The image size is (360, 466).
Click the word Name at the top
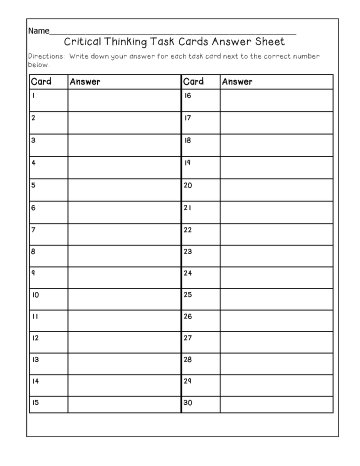[38, 31]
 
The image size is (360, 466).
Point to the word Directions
[46, 56]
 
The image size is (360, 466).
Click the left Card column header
[41, 81]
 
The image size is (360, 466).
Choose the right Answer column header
[237, 81]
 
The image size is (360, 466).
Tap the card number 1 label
[33, 95]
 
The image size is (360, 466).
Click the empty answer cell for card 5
[124, 190]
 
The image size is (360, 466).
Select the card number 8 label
[33, 251]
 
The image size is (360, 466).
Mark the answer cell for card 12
[124, 342]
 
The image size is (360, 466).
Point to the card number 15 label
[35, 402]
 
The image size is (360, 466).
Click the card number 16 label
[187, 95]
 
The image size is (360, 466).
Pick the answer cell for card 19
[276, 167]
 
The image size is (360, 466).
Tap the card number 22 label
[187, 230]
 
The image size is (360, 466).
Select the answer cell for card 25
[276, 299]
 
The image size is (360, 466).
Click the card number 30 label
[188, 402]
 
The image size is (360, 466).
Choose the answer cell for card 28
[276, 364]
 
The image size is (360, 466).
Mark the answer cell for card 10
[124, 299]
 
